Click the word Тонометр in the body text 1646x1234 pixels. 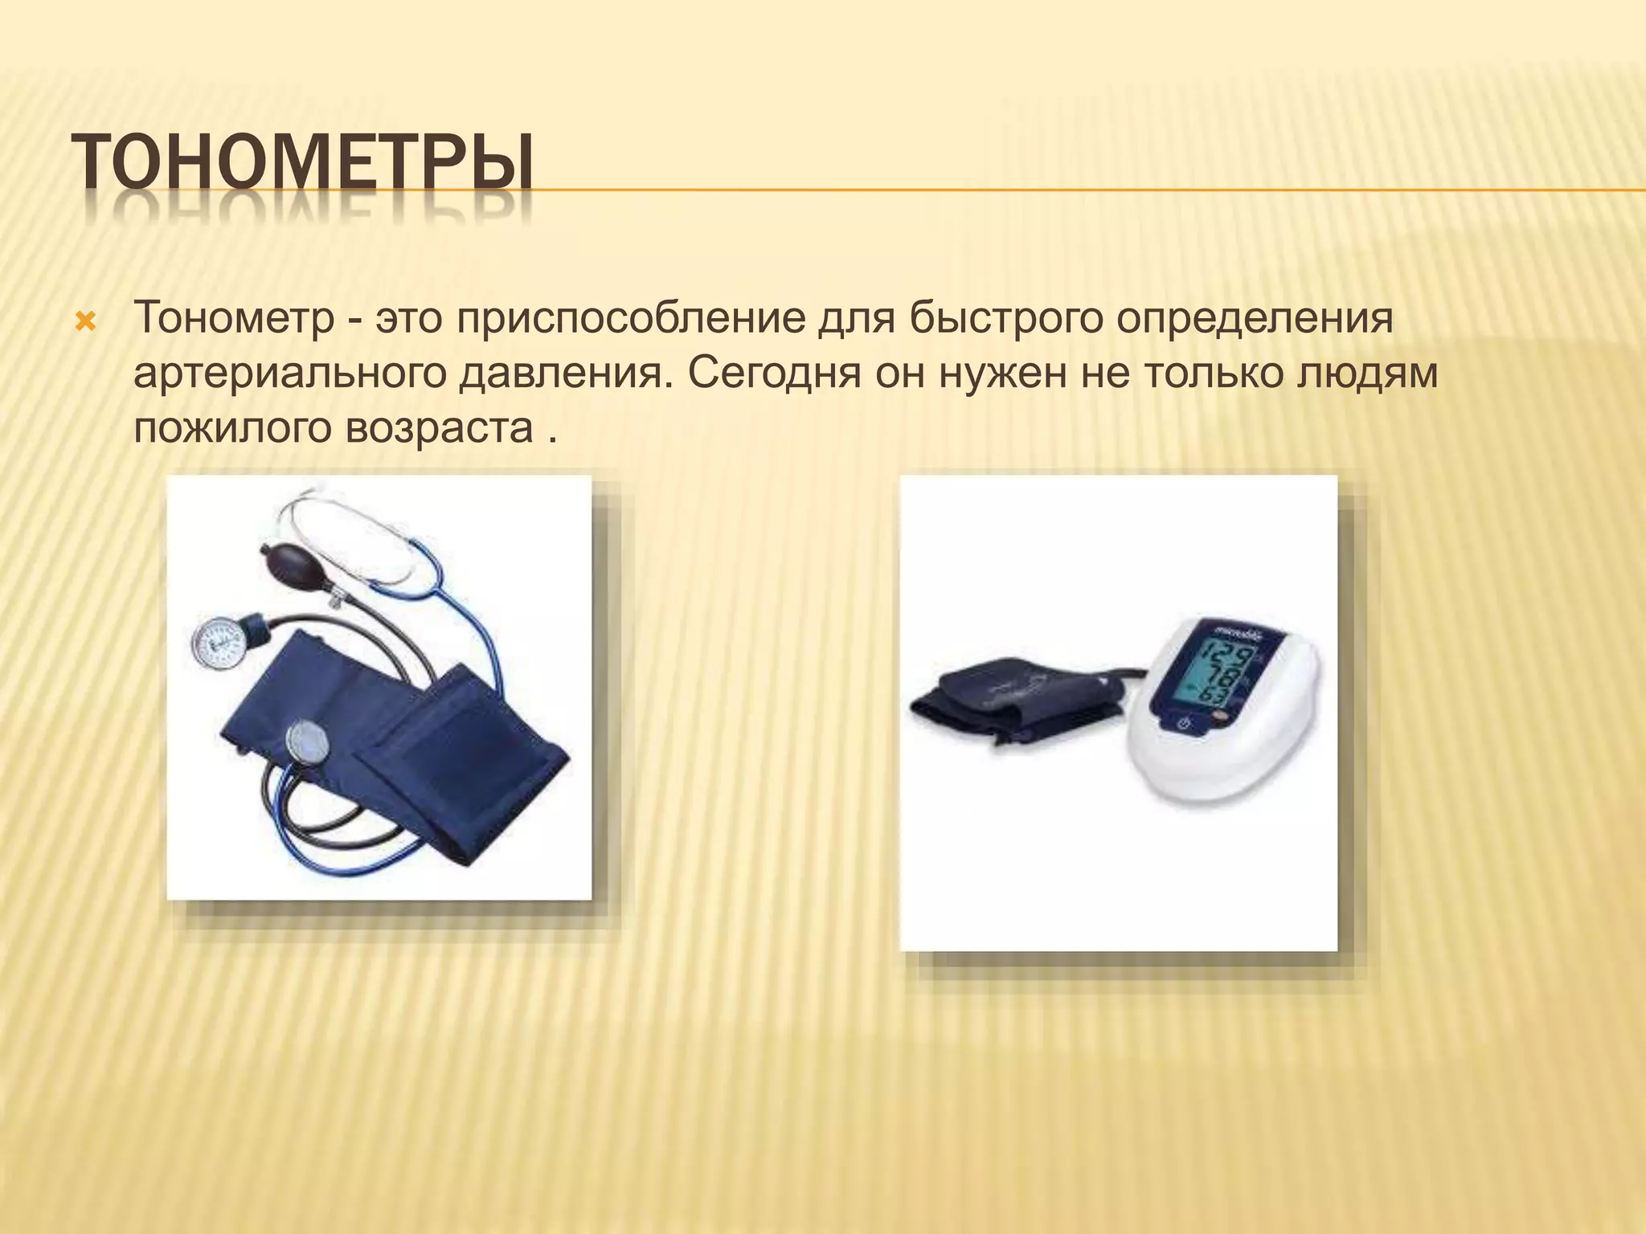pos(234,318)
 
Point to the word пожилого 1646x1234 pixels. pos(232,427)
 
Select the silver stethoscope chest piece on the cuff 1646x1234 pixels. pos(308,741)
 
